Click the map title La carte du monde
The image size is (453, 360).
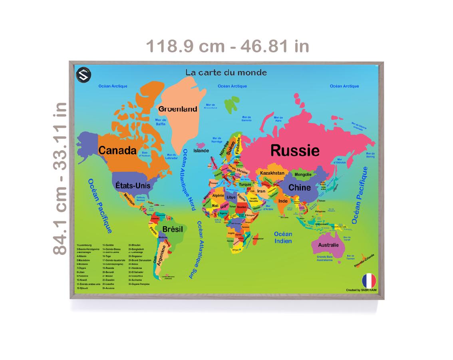tap(226, 73)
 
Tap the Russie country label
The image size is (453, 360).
tap(295, 151)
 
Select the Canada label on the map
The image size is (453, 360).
tap(117, 151)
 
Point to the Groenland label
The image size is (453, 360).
tap(178, 109)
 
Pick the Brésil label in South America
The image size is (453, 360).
tap(173, 229)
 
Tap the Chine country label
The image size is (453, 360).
tap(300, 187)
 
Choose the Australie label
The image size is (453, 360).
tap(328, 245)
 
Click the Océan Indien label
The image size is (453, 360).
tap(283, 237)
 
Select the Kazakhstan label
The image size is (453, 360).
tap(272, 173)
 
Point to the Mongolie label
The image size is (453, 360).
tap(303, 175)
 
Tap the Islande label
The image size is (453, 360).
tap(201, 151)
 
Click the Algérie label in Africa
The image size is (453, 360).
tap(218, 196)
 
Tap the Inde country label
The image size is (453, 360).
tap(283, 201)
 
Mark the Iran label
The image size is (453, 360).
tap(261, 191)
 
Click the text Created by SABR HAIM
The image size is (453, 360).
tap(361, 290)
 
